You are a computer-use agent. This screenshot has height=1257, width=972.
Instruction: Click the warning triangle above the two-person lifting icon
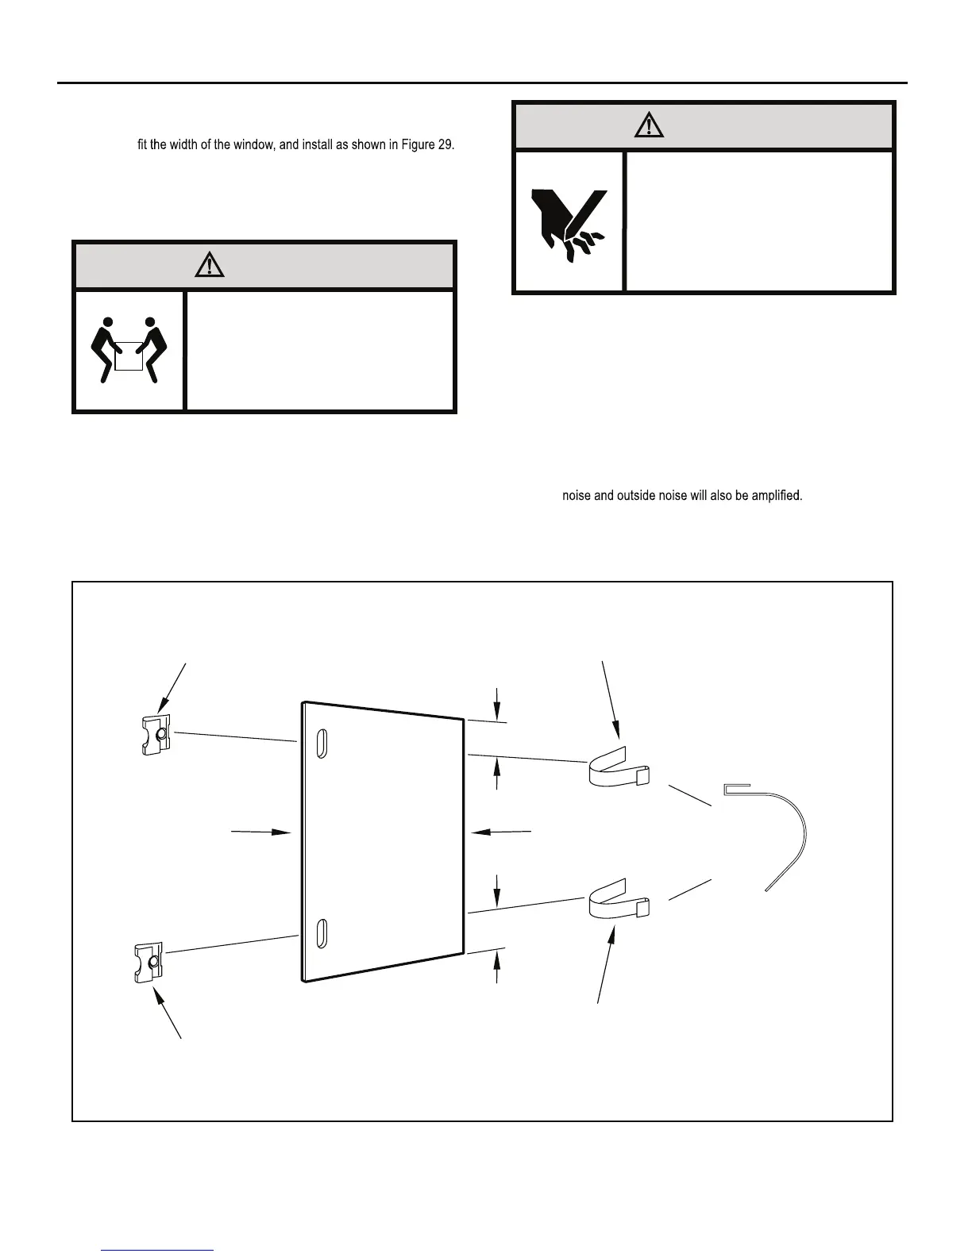(209, 264)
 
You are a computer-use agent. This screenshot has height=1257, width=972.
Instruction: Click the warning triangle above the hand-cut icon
(650, 125)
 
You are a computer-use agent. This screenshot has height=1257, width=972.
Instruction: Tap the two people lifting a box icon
(129, 350)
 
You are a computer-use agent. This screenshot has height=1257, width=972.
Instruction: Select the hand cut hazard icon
(569, 221)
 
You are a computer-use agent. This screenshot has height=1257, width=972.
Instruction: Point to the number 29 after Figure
(445, 147)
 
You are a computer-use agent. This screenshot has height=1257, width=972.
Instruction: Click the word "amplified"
(777, 496)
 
